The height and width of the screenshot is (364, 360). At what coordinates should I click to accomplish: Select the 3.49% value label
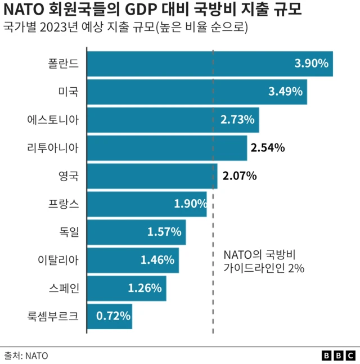(x=287, y=92)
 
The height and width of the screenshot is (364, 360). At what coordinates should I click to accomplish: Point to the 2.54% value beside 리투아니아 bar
(x=268, y=148)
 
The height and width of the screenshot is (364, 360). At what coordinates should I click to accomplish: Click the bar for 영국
(x=152, y=176)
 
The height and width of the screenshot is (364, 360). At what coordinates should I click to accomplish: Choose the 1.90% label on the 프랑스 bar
(x=190, y=204)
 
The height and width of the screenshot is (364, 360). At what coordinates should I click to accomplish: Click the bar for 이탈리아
(x=133, y=260)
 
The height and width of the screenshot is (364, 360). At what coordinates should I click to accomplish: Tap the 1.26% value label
(x=145, y=288)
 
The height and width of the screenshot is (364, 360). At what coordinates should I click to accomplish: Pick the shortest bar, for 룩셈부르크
(x=110, y=316)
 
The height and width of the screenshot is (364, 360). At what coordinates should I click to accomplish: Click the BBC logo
(x=338, y=356)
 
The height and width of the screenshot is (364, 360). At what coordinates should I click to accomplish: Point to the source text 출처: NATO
(x=26, y=356)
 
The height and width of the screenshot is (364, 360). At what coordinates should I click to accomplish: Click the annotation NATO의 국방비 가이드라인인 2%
(x=264, y=261)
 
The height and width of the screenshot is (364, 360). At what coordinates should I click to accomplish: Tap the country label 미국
(x=69, y=92)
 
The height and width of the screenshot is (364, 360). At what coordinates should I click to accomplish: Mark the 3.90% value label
(x=311, y=64)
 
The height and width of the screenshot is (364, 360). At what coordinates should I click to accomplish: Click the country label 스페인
(x=64, y=288)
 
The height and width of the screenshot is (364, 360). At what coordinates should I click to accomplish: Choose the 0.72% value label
(x=113, y=316)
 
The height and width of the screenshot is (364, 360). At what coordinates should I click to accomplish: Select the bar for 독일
(x=136, y=232)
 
